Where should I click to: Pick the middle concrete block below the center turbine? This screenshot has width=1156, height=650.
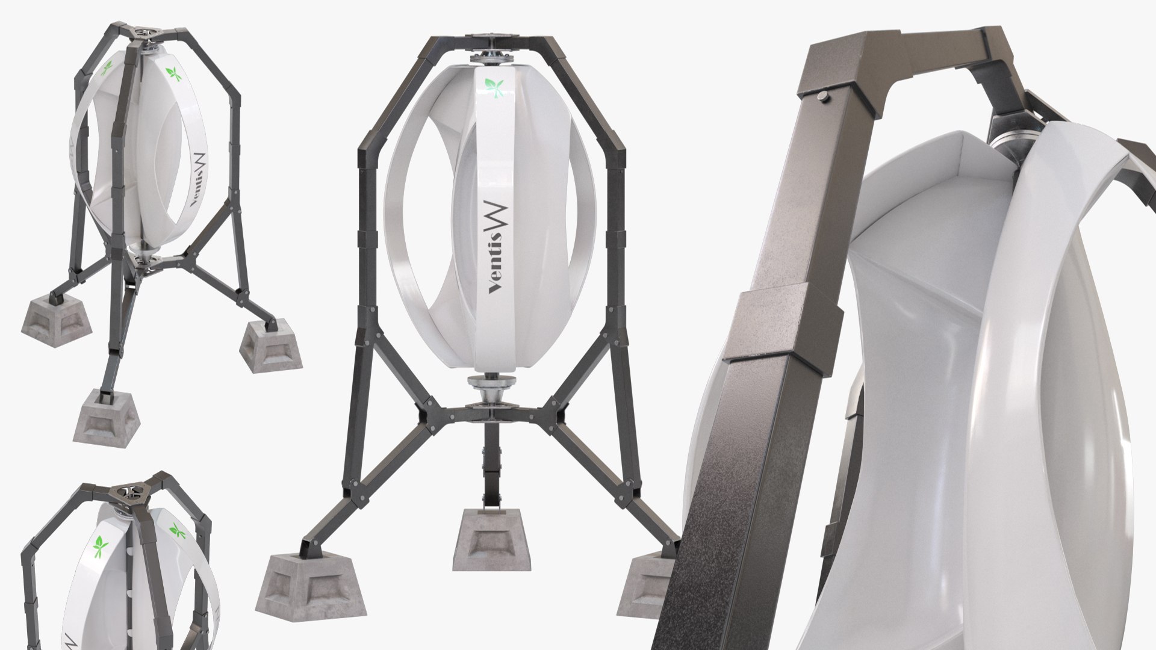tap(491, 540)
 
